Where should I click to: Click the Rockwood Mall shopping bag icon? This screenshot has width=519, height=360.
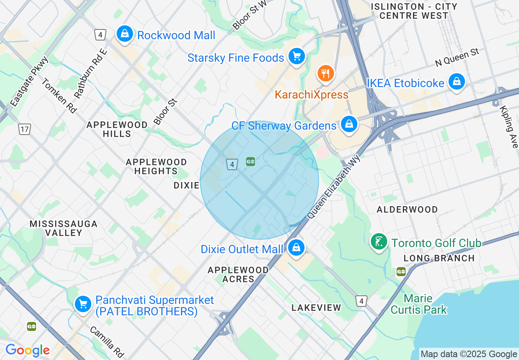coord(124,34)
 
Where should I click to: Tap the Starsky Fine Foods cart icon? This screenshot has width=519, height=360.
coord(296,56)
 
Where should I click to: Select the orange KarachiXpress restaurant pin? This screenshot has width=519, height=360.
coord(325,74)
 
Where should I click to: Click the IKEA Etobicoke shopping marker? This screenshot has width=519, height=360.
coord(456,82)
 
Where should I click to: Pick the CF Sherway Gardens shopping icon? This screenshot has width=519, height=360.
coord(349,124)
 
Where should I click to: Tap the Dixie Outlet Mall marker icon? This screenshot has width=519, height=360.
coord(295,248)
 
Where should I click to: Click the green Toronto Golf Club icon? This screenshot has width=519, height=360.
coord(379,242)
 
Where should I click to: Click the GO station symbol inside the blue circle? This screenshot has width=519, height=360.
coord(250,162)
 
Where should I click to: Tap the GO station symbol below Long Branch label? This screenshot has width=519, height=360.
coord(401,272)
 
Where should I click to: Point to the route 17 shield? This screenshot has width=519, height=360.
coord(24,129)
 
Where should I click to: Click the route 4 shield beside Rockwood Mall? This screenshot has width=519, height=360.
coord(100,34)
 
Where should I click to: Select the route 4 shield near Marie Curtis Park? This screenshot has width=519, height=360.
coord(361,301)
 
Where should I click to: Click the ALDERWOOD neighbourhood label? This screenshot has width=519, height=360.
coord(407,209)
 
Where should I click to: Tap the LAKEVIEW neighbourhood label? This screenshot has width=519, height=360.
coord(316,308)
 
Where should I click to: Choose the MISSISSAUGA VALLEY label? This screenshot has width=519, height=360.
coord(63,228)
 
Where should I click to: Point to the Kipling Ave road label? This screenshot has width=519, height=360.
coord(509,127)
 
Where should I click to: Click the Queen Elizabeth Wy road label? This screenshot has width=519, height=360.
coord(334,187)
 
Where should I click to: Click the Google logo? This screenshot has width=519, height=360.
coord(27,350)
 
